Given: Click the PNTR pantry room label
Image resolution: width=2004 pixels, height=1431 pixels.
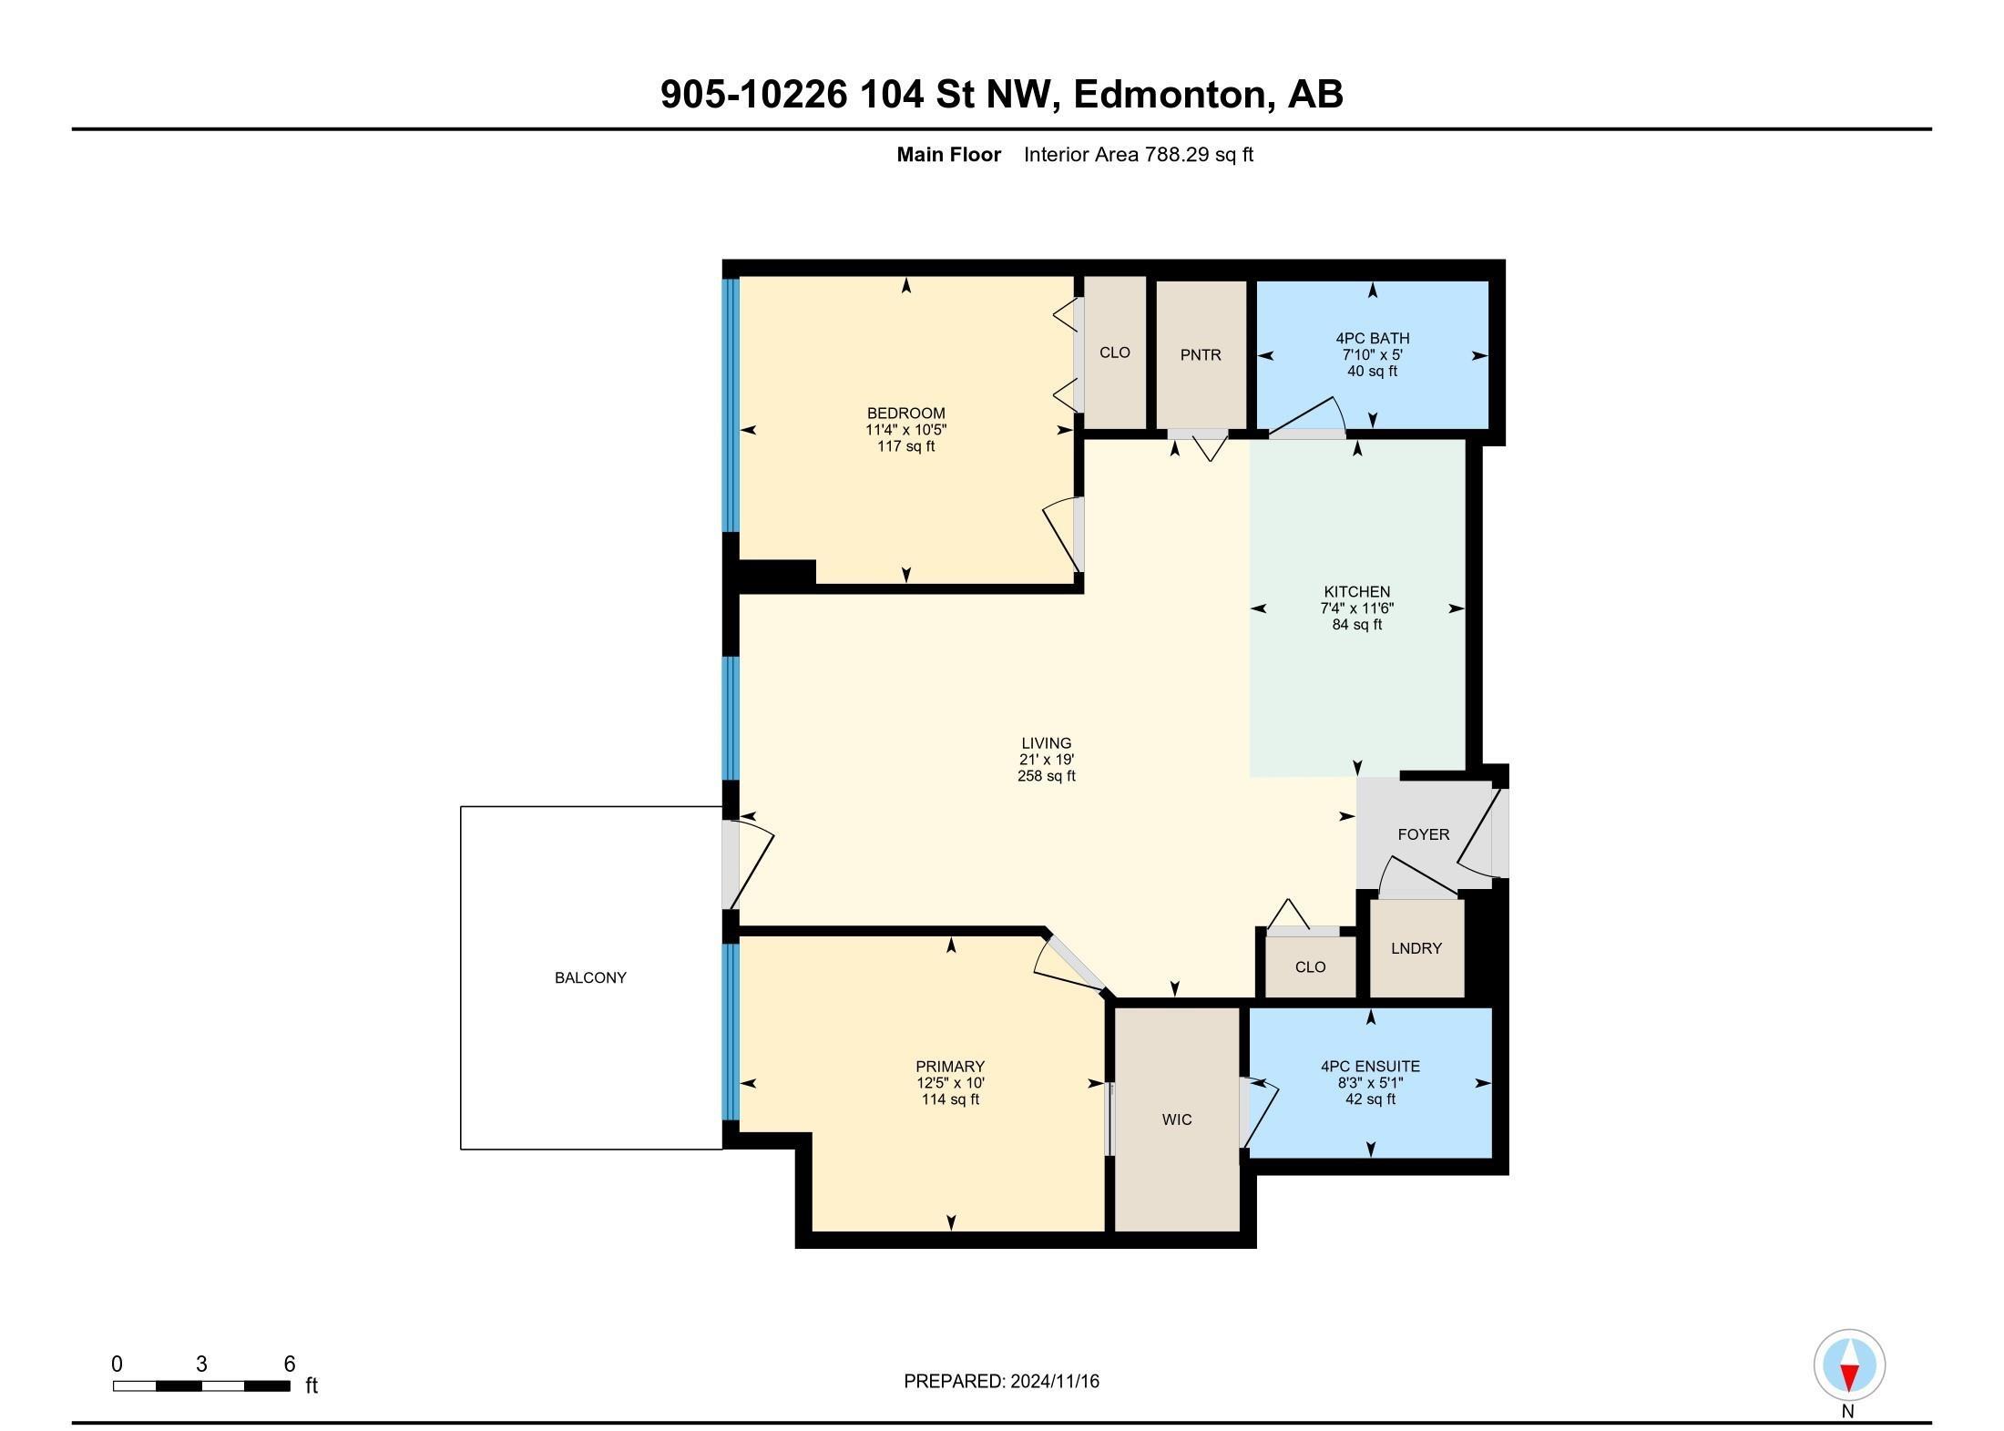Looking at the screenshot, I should [x=1200, y=355].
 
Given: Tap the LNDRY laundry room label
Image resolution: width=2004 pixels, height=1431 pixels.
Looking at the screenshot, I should [x=1416, y=948].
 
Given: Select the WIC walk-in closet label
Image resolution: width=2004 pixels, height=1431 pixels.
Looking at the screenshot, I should [x=1176, y=1119].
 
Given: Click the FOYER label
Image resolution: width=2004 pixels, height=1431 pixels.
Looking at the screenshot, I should [x=1423, y=834].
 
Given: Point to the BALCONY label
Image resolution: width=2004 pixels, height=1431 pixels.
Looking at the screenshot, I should [x=590, y=977].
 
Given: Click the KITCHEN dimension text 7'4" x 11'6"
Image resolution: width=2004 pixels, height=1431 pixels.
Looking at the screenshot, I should [x=1356, y=608].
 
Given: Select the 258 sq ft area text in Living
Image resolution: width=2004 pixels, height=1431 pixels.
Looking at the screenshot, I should [x=1046, y=776].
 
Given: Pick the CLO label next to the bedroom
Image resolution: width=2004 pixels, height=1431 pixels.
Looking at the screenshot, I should [x=1114, y=353].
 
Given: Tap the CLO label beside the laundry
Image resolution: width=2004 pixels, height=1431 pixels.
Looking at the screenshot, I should [x=1310, y=967].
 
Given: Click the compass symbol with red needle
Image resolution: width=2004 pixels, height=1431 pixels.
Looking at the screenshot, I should [x=1848, y=1365].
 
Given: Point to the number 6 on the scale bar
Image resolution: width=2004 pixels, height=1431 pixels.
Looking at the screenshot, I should [x=289, y=1364].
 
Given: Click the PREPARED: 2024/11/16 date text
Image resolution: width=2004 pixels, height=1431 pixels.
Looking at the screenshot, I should [x=1001, y=1381].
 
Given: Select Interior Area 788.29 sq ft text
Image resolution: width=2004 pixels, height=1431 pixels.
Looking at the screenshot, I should [x=1138, y=155].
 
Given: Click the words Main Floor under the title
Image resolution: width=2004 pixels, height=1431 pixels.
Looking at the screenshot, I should [x=948, y=155].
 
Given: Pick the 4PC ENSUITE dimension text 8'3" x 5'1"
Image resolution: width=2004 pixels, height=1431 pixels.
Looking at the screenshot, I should [x=1370, y=1083].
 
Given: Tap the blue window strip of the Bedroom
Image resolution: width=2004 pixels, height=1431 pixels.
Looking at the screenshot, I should [x=731, y=405].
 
